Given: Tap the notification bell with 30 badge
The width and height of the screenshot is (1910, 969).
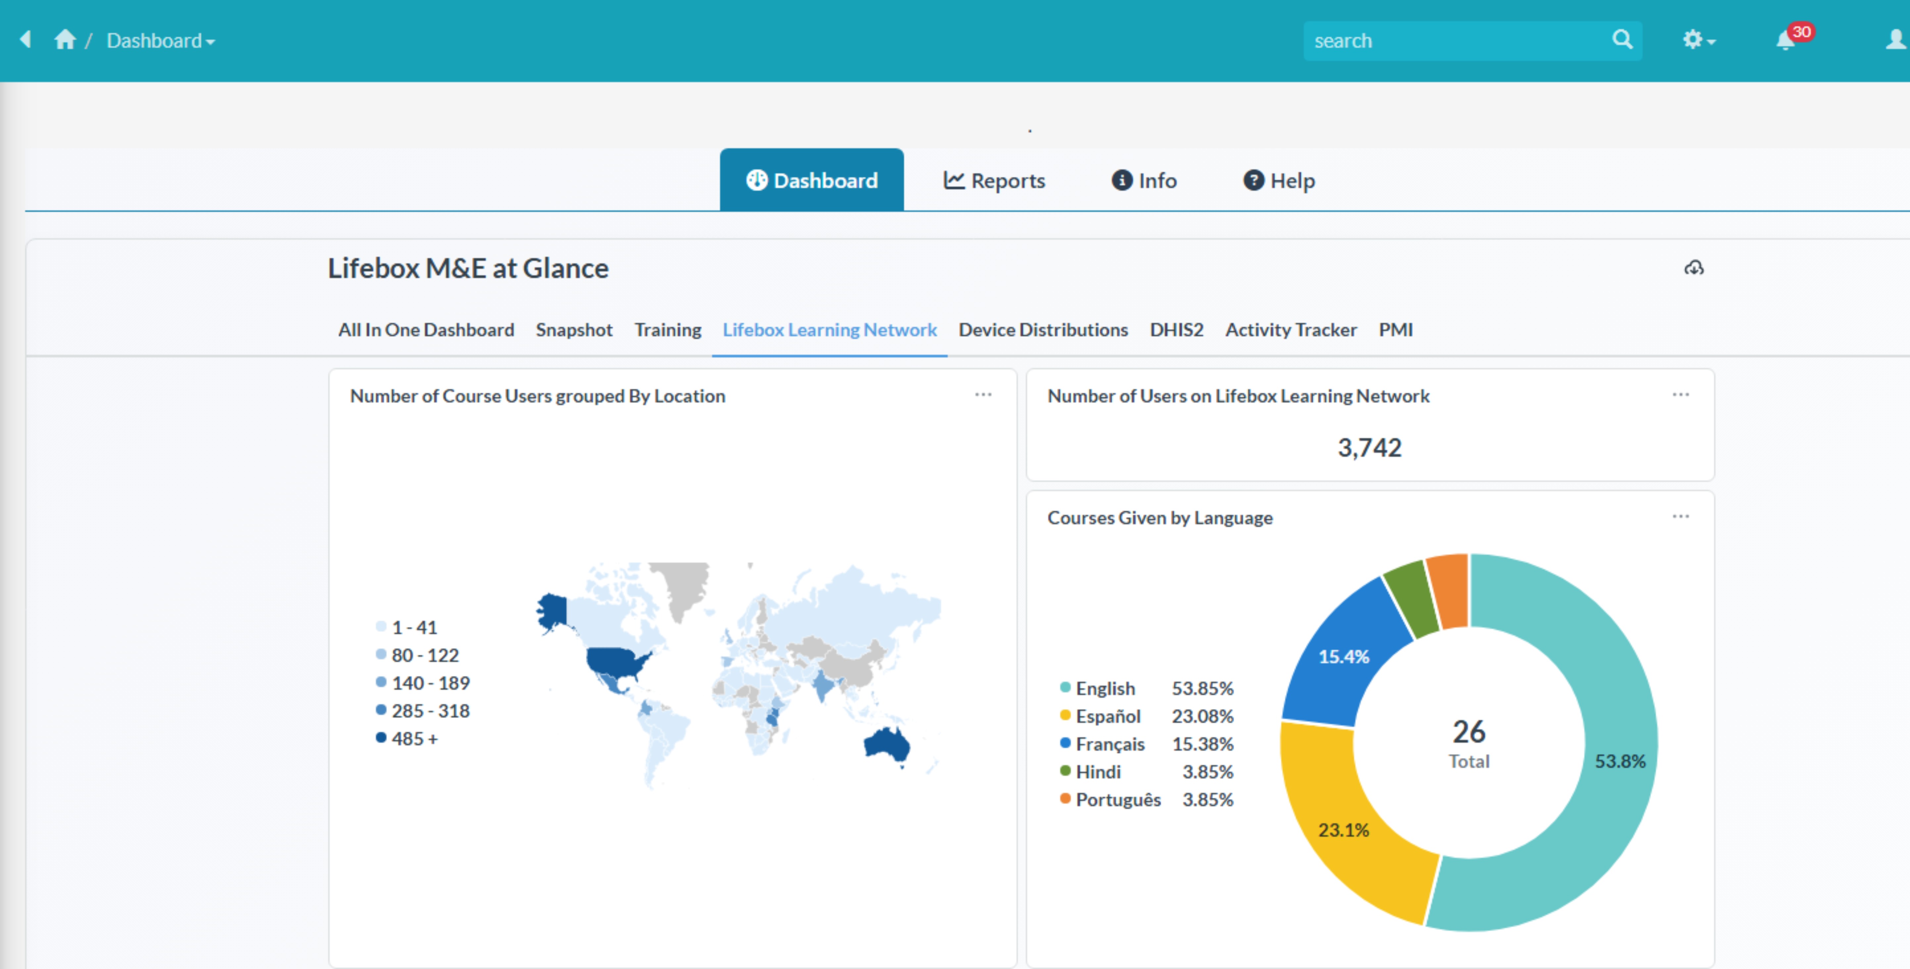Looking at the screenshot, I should click(x=1786, y=40).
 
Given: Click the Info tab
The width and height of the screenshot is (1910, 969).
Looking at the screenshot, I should click(x=1144, y=181).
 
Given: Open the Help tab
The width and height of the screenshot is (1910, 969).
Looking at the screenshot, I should click(x=1279, y=181).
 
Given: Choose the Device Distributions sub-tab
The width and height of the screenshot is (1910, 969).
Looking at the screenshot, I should click(x=1042, y=330).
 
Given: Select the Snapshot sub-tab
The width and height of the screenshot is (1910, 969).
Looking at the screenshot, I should click(x=574, y=330).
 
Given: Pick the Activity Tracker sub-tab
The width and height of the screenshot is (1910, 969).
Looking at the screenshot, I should click(x=1290, y=330).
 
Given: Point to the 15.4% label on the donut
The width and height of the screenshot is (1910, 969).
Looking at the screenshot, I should click(x=1343, y=657).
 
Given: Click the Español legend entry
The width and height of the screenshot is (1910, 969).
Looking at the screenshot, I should click(x=1108, y=716).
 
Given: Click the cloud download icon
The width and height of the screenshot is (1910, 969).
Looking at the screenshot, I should click(x=1694, y=268).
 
